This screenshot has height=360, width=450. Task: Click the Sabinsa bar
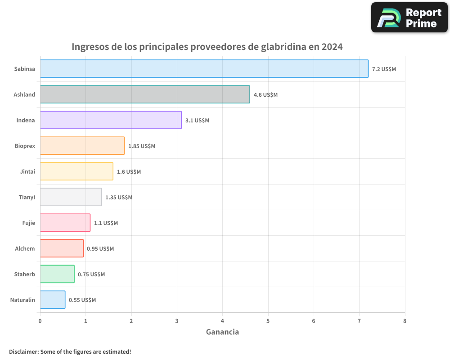click(204, 69)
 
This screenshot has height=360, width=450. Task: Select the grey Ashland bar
click(144, 94)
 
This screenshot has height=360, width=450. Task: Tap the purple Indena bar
click(110, 120)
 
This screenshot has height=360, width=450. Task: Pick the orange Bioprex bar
click(82, 146)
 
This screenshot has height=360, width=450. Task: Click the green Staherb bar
click(57, 274)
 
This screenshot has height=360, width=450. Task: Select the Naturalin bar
click(52, 300)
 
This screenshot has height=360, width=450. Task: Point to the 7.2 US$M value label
click(384, 69)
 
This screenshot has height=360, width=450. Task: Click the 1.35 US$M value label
click(118, 198)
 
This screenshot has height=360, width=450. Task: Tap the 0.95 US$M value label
click(100, 249)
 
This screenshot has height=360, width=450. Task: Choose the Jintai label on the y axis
click(27, 171)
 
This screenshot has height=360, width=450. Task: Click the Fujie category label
click(28, 223)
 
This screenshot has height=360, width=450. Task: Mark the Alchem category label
click(25, 248)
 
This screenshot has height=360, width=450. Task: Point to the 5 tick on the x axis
click(268, 321)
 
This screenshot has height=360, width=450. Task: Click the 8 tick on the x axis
click(405, 321)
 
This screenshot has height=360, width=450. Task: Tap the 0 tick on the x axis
click(40, 321)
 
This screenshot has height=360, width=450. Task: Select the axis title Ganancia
click(222, 332)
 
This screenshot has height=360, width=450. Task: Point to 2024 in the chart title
click(332, 47)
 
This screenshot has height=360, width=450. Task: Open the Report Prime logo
click(409, 18)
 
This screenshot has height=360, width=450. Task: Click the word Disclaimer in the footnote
click(23, 351)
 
